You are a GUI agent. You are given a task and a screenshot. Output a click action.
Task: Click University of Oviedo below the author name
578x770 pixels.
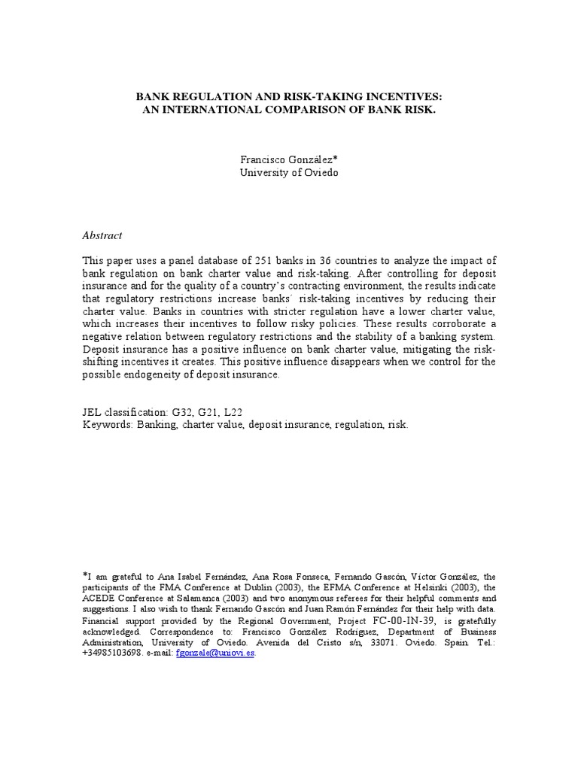[x=289, y=172]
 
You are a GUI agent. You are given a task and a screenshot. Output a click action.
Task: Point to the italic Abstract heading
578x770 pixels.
[x=102, y=235]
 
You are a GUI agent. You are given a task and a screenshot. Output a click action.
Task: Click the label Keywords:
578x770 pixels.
[x=107, y=424]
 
